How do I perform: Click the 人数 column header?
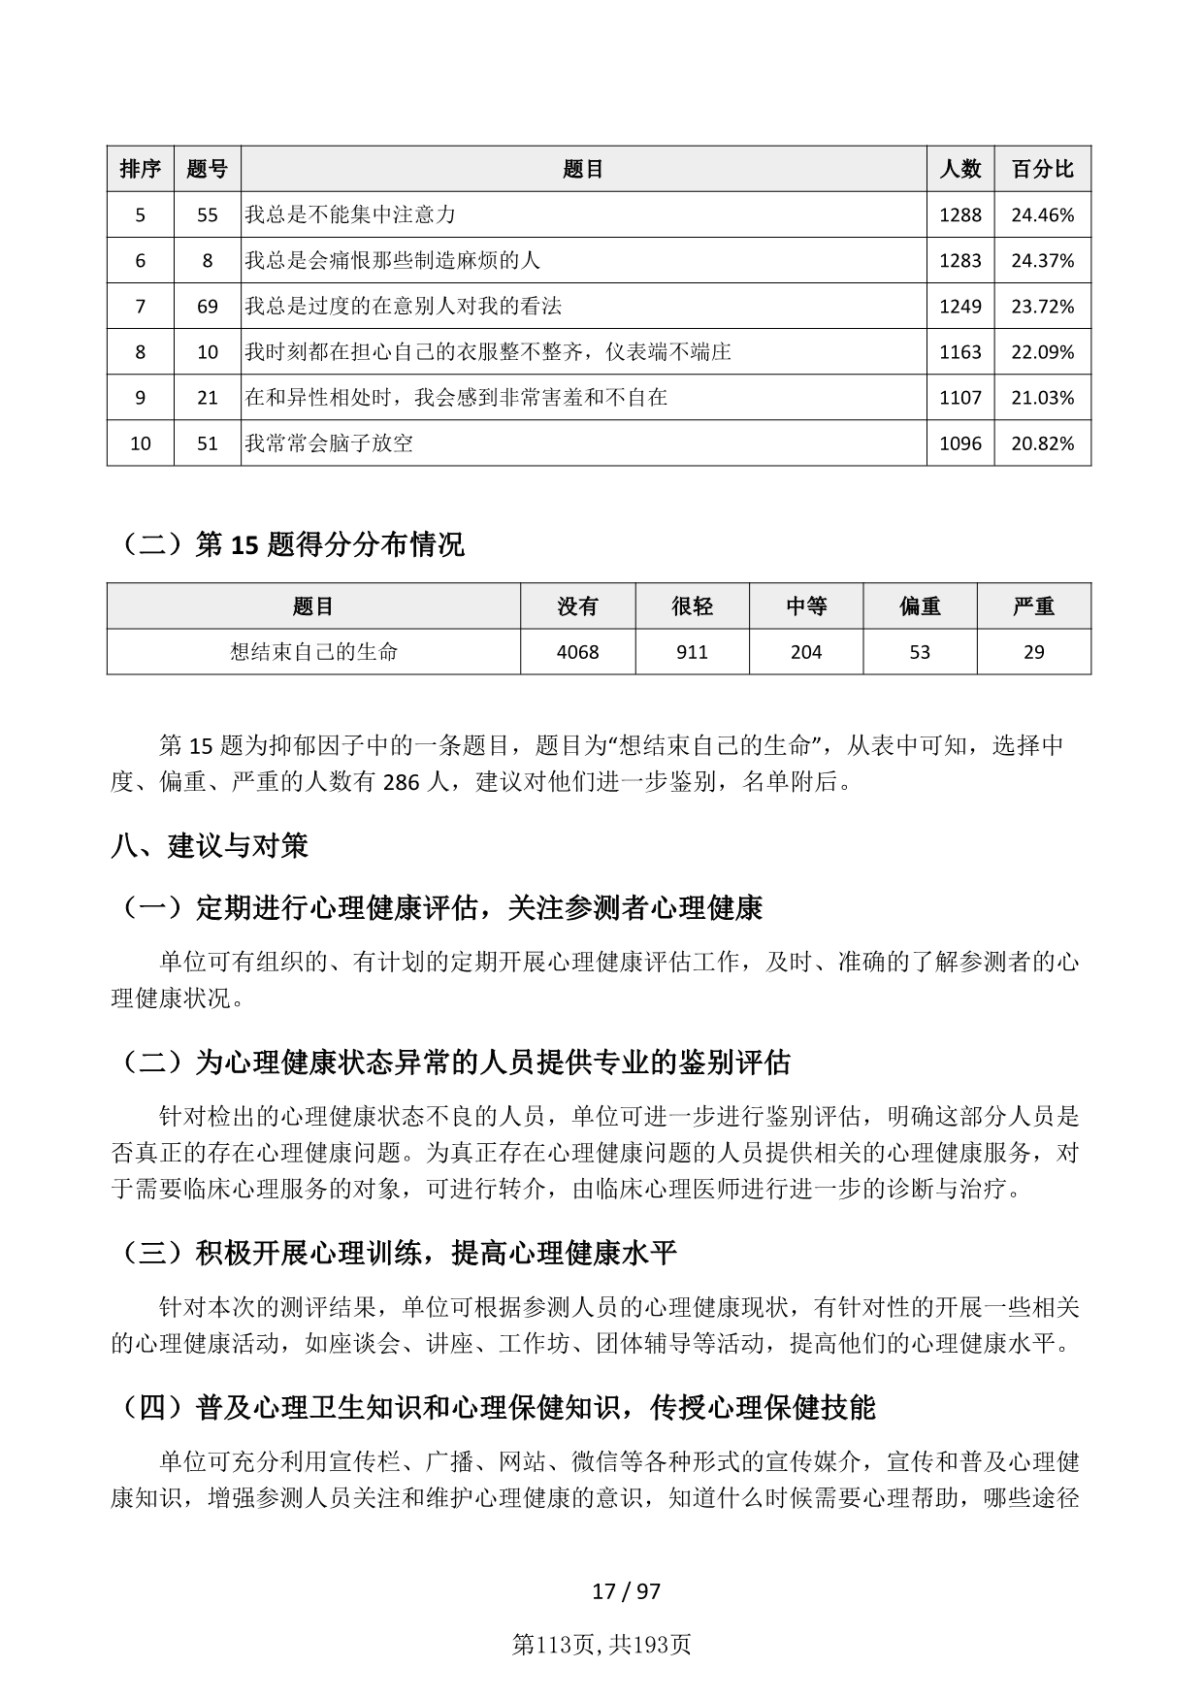click(959, 169)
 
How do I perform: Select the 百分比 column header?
click(1042, 169)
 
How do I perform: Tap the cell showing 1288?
click(959, 214)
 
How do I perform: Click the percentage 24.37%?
click(1042, 260)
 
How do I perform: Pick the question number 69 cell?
click(207, 306)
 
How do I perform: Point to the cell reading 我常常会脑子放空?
click(329, 443)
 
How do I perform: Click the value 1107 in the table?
click(959, 398)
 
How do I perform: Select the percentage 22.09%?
click(1042, 352)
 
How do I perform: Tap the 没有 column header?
click(577, 606)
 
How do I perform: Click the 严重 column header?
click(1033, 606)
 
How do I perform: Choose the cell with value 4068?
click(577, 652)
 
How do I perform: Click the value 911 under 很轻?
click(692, 652)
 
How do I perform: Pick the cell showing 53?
click(920, 652)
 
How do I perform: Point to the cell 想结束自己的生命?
click(313, 652)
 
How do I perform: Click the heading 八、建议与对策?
click(210, 846)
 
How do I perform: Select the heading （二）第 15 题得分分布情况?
click(288, 544)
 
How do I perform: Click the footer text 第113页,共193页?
click(601, 1645)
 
